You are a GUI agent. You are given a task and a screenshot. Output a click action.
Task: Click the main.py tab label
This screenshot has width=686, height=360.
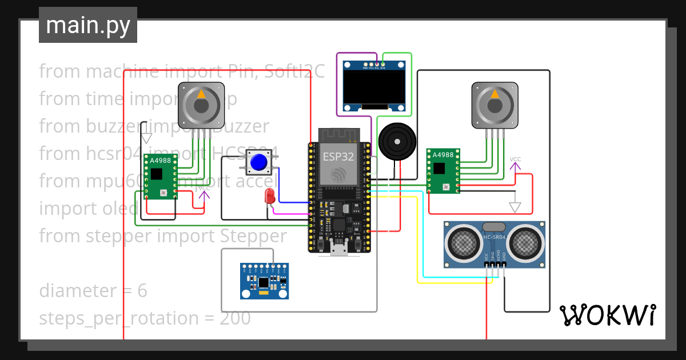[87, 26]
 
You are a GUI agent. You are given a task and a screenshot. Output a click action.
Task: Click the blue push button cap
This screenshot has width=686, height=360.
[260, 162]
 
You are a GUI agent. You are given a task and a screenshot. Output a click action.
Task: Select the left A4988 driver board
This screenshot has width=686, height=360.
[160, 178]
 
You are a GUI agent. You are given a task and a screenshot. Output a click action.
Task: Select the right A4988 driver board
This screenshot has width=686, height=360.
[444, 171]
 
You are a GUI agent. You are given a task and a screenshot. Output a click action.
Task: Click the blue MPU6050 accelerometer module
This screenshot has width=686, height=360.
[264, 281]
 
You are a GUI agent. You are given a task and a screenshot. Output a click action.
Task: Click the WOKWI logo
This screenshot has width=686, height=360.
[607, 315]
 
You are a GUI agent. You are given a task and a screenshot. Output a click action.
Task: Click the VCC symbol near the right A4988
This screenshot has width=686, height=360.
[515, 165]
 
